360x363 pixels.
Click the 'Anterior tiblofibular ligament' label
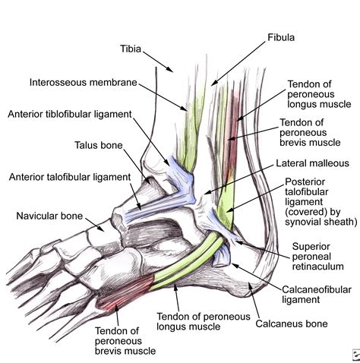[x=70, y=115]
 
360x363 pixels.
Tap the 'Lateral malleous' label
[x=311, y=163]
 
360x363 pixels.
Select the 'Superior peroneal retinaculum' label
[x=318, y=256]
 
